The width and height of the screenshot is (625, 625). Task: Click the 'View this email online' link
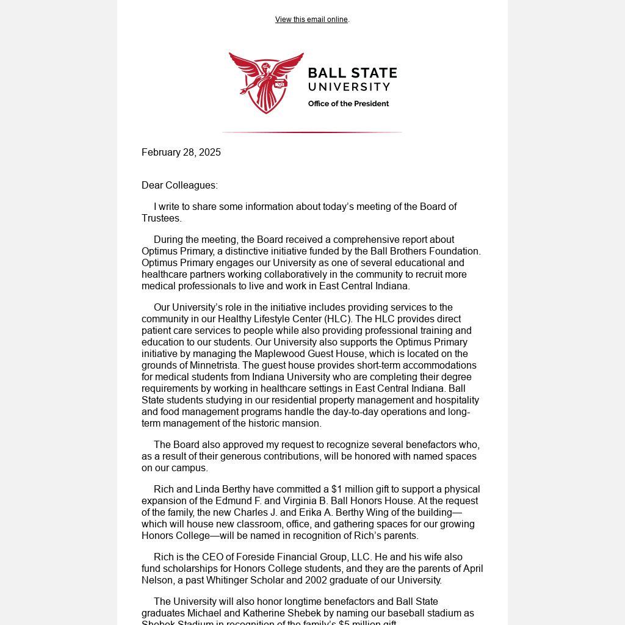[311, 20]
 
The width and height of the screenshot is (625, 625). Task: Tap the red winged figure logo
[266, 82]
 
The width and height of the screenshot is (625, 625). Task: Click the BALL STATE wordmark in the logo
[352, 73]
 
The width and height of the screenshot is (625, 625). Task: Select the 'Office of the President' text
[348, 104]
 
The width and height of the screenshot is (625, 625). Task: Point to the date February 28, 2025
[181, 153]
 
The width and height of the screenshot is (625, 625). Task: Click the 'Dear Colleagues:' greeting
[179, 186]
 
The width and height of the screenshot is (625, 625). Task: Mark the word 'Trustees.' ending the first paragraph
[162, 219]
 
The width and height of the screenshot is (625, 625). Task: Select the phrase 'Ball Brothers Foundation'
[425, 251]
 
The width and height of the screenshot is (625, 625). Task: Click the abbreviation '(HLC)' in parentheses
[338, 319]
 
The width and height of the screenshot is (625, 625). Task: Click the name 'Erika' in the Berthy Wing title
[313, 513]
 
